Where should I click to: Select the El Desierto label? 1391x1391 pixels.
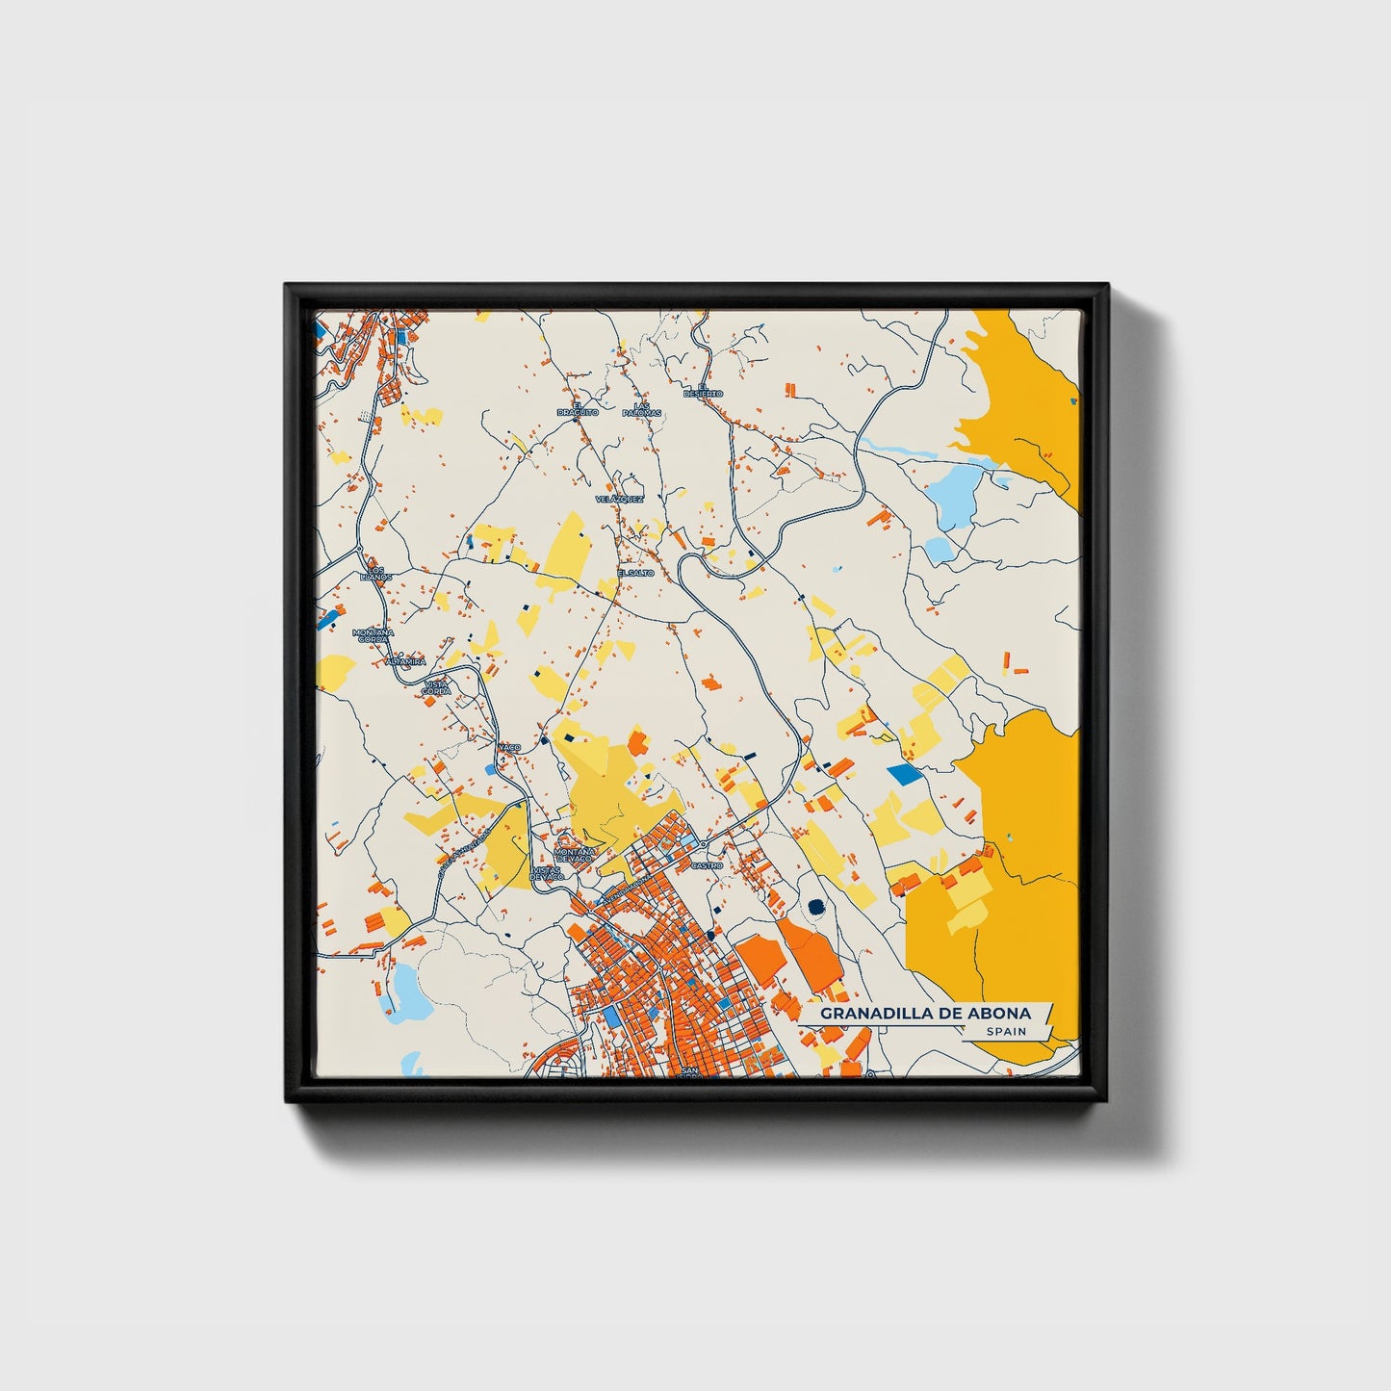[703, 394]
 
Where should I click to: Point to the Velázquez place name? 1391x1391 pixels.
[619, 500]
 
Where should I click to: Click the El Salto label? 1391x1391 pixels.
[635, 573]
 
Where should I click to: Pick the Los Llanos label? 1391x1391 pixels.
[375, 573]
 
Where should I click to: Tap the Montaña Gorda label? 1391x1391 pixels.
[372, 635]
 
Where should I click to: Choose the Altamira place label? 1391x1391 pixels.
[405, 662]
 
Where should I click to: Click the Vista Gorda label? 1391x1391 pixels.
[436, 687]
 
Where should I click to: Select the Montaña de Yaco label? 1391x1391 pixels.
[577, 854]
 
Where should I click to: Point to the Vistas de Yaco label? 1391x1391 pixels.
[545, 872]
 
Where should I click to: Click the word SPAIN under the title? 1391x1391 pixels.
[1005, 1032]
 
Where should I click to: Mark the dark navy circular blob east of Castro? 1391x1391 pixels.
[817, 906]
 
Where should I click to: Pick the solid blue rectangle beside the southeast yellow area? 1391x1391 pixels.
[903, 772]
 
